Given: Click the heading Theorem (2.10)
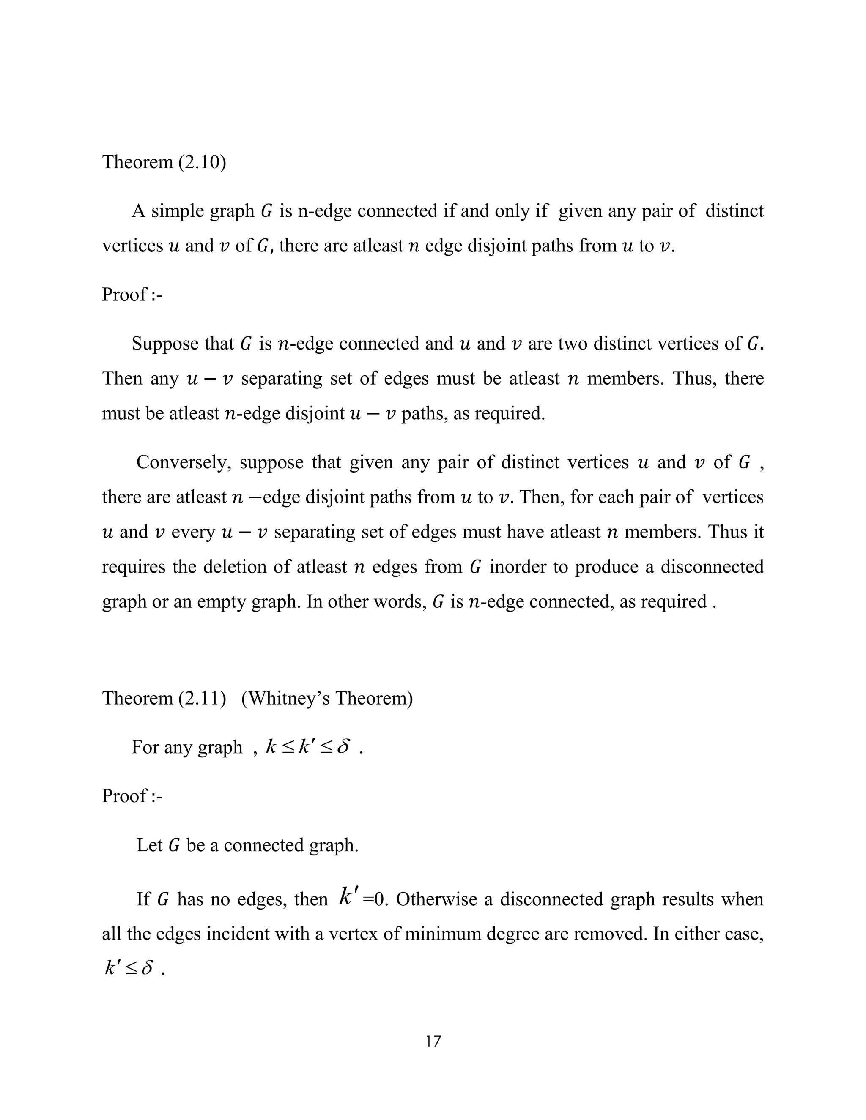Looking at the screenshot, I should [x=164, y=162].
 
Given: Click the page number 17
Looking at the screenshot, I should [x=433, y=1041].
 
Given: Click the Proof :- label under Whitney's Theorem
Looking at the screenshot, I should [x=132, y=796].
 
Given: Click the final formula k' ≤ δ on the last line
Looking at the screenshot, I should [x=129, y=968].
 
